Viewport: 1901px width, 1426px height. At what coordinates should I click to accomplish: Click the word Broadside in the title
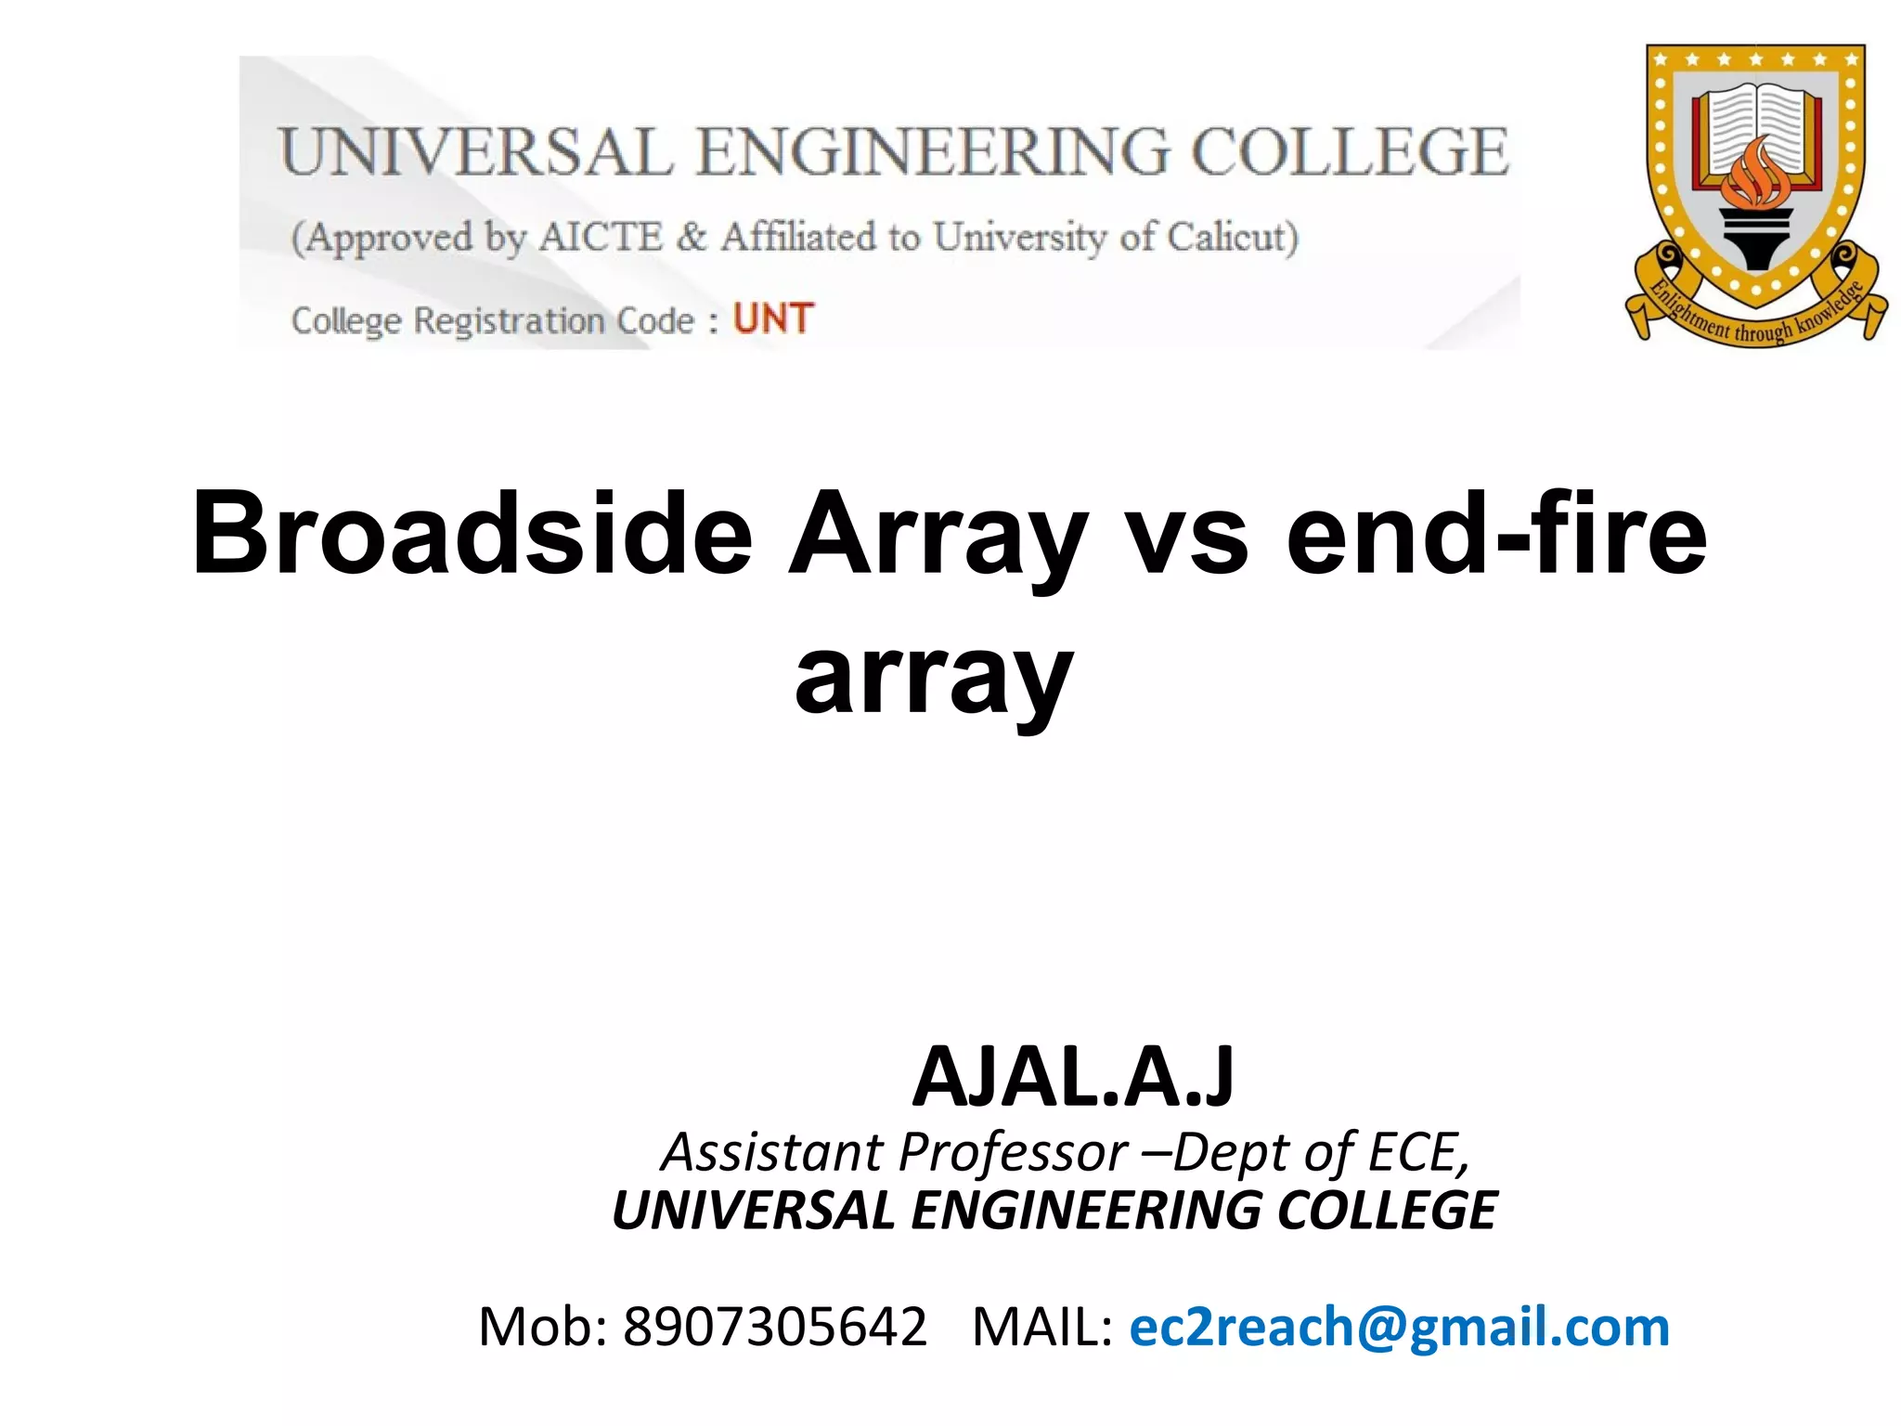click(472, 535)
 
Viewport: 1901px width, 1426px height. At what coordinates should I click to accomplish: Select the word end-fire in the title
click(1496, 535)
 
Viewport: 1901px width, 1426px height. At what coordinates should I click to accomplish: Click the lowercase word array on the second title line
click(934, 676)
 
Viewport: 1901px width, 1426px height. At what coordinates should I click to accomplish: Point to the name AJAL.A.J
click(1073, 1077)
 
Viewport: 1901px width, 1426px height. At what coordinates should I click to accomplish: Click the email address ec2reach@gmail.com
click(1399, 1326)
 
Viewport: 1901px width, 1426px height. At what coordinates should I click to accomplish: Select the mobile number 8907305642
click(775, 1326)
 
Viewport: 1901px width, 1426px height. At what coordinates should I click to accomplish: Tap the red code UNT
click(773, 318)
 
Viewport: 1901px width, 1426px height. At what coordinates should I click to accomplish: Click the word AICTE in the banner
click(601, 238)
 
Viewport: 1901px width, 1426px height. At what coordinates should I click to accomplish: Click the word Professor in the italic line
click(1014, 1153)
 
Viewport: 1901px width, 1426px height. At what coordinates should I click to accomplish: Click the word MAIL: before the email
click(1041, 1326)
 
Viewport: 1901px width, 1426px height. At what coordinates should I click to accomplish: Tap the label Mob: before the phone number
click(543, 1326)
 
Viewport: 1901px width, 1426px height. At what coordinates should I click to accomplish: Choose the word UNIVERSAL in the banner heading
click(476, 152)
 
